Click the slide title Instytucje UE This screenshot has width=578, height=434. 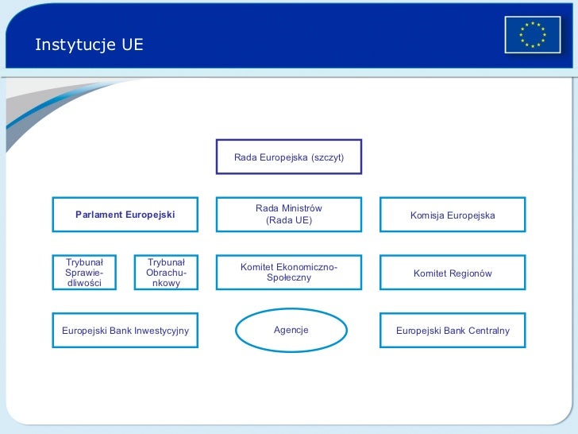(89, 45)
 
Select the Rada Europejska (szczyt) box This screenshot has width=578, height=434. (289, 157)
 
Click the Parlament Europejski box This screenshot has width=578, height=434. (125, 215)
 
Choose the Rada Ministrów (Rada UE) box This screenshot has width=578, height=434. (289, 215)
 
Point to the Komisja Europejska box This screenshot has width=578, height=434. (453, 215)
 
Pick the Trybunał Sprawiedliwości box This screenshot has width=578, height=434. (85, 273)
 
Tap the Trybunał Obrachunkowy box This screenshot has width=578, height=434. (166, 273)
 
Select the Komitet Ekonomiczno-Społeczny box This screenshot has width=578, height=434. (289, 273)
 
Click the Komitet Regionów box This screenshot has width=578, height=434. (453, 273)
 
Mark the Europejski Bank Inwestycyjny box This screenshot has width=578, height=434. (125, 331)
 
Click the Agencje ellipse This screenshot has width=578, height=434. (291, 330)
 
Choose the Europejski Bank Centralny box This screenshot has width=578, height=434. (453, 331)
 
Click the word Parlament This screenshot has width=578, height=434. (98, 215)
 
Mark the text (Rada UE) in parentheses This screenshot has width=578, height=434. (289, 220)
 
